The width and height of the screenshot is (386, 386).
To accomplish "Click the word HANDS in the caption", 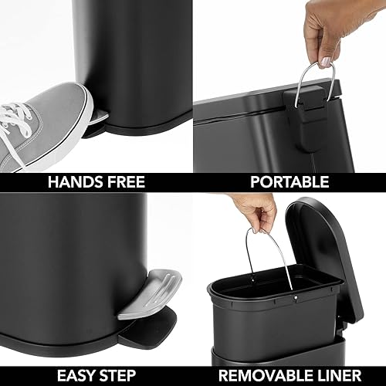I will pos(71,182).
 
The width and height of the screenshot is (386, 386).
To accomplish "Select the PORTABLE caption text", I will pos(289,182).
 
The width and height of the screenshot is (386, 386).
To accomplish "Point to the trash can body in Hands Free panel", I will pos(147,54).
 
